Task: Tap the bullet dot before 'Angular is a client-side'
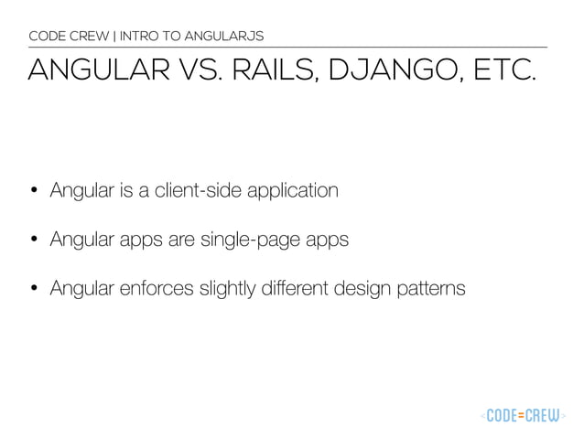click(x=34, y=192)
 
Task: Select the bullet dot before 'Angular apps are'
click(x=34, y=241)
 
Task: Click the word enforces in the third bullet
click(x=147, y=290)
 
